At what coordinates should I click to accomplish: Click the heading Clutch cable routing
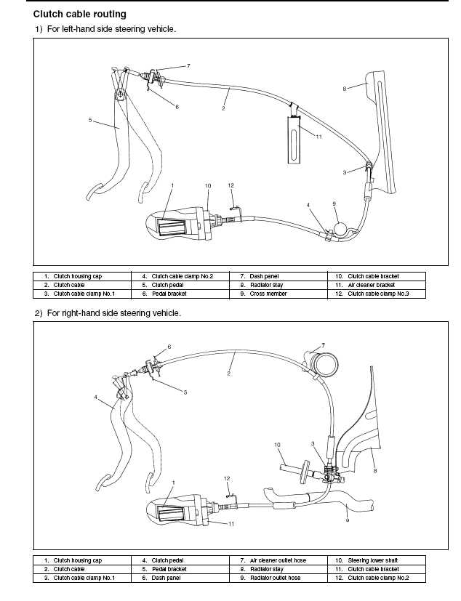[x=79, y=14]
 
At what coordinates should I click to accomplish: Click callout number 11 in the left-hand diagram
[x=318, y=136]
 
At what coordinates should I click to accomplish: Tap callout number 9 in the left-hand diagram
[x=334, y=203]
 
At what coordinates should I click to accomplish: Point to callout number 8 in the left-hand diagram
[x=344, y=89]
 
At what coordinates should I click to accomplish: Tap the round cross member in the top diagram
[x=340, y=229]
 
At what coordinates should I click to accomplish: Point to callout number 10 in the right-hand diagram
[x=277, y=445]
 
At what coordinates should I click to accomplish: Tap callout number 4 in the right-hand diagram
[x=95, y=398]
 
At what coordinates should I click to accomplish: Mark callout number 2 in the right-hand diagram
[x=228, y=374]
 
